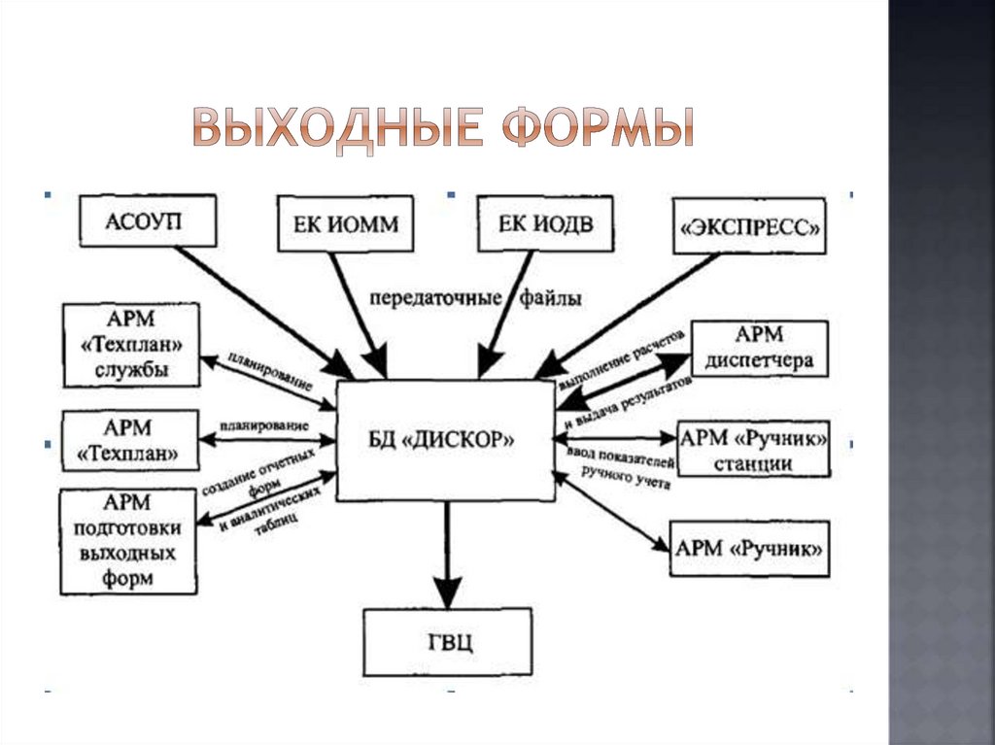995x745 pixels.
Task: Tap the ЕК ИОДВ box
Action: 545,223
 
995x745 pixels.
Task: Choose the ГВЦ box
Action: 448,642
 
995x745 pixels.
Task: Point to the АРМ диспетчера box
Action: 759,349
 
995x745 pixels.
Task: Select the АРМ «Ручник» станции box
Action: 754,450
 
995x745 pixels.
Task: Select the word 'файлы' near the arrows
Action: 549,297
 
